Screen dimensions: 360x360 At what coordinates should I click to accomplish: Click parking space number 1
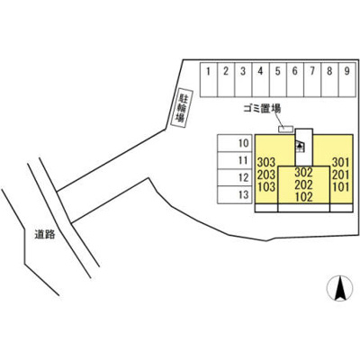[209, 80]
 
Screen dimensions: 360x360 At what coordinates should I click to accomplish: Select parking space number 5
[278, 80]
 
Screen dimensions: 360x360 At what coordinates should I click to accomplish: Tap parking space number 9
[347, 80]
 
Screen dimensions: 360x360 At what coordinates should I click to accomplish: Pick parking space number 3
[243, 80]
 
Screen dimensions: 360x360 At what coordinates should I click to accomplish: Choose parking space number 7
[312, 80]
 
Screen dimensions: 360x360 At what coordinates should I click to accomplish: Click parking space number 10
[235, 143]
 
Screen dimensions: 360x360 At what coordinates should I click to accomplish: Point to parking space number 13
[235, 195]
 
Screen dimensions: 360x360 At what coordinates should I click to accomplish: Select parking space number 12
[235, 177]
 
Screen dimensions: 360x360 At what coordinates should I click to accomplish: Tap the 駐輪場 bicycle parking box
[182, 108]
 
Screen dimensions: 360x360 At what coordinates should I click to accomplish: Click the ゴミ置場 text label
[262, 109]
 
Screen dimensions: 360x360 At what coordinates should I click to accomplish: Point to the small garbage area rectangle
[285, 129]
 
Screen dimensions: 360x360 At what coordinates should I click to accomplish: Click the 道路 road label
[45, 234]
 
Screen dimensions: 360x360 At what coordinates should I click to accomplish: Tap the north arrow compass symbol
[339, 288]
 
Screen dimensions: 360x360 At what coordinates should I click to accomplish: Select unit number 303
[266, 162]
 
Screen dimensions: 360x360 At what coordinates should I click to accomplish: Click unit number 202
[303, 184]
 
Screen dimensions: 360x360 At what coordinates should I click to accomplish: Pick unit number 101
[341, 187]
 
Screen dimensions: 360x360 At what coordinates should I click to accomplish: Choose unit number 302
[303, 172]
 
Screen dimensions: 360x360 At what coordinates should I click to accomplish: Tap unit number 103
[266, 187]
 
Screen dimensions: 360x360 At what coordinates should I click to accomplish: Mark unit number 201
[341, 175]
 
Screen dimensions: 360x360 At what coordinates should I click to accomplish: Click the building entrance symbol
[300, 146]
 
